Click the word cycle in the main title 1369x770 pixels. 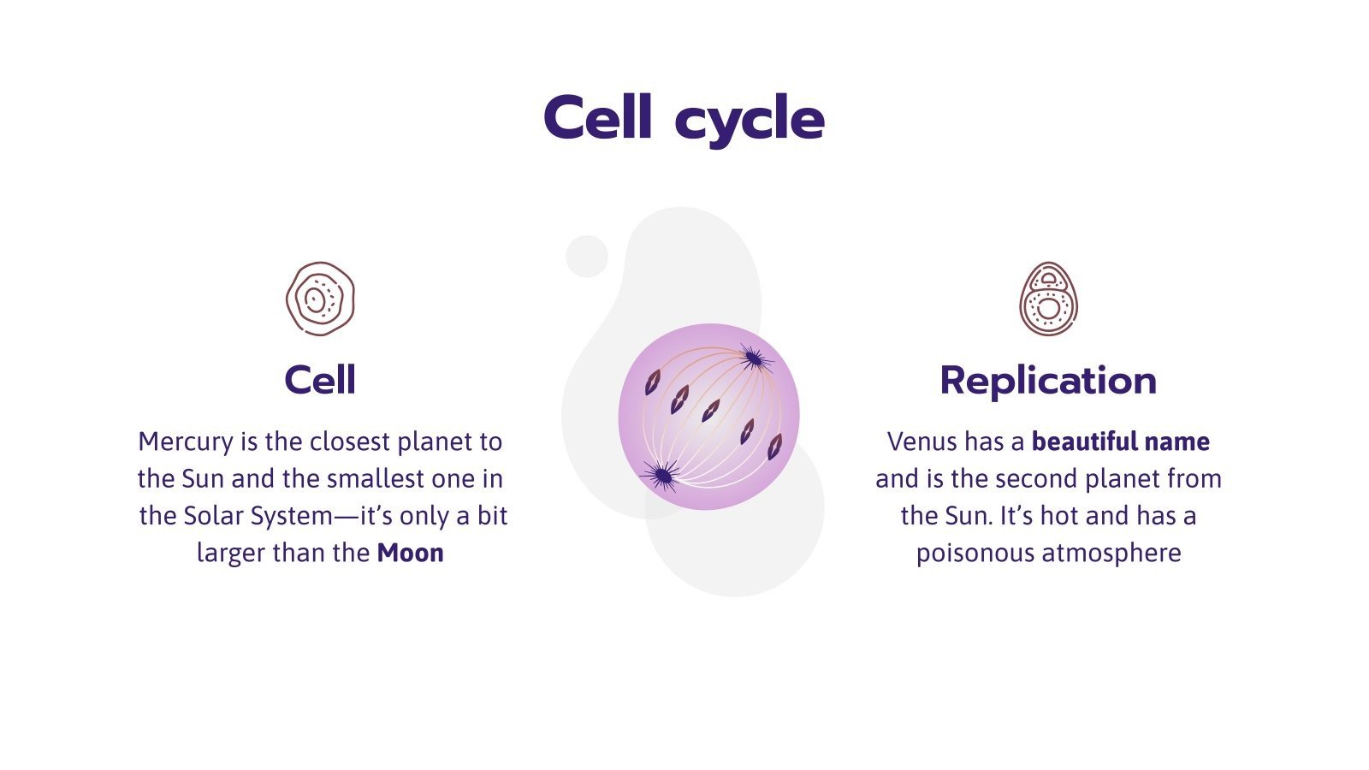point(750,121)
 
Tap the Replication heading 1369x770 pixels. point(1047,380)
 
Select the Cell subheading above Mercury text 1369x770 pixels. point(319,380)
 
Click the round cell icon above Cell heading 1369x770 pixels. point(320,299)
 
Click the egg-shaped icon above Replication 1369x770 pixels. point(1048,299)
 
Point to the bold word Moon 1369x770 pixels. point(410,553)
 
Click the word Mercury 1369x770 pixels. point(185,442)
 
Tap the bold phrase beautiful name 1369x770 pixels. point(1120,442)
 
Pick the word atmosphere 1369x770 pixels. point(1111,554)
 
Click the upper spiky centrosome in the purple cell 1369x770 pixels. point(752,358)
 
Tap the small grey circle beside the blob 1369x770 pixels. point(587,256)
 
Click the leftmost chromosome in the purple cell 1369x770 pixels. point(653,382)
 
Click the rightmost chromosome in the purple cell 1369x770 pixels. point(773,446)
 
